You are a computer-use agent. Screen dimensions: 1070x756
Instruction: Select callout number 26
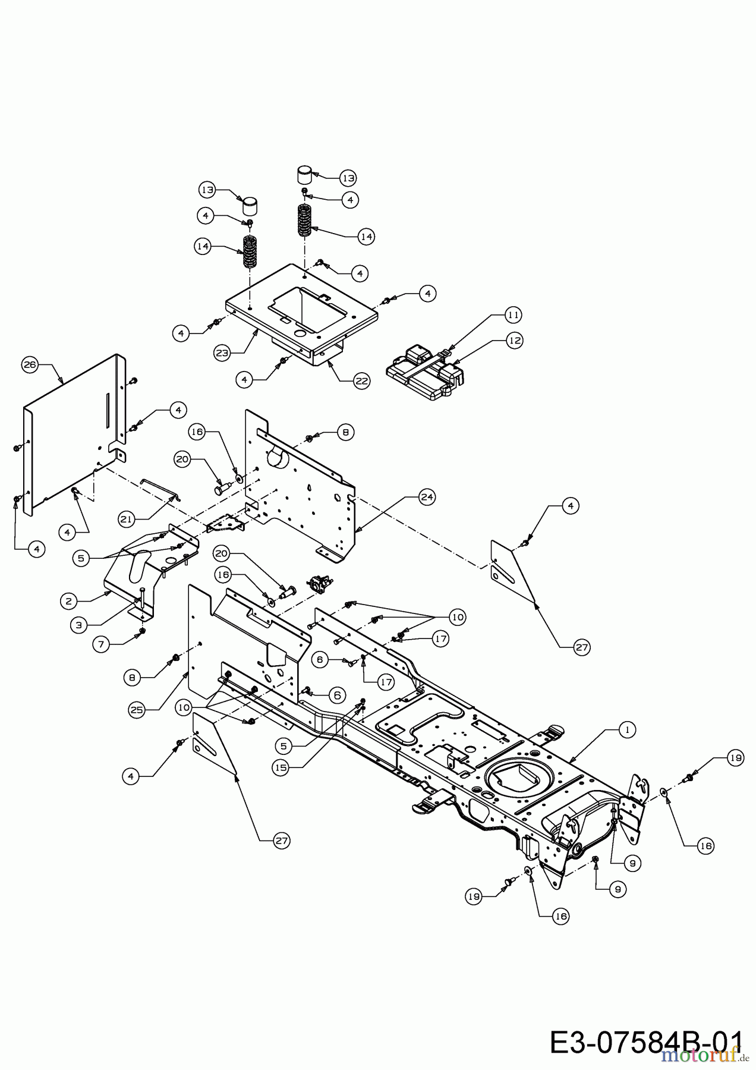click(x=30, y=365)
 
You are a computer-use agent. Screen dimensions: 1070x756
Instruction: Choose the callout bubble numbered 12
click(x=514, y=340)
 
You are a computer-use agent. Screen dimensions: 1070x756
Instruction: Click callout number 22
click(x=361, y=380)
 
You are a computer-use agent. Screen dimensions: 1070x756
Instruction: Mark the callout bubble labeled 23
click(x=222, y=352)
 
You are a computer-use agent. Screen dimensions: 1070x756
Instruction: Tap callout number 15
click(x=281, y=767)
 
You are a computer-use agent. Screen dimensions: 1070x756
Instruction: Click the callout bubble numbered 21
click(x=126, y=519)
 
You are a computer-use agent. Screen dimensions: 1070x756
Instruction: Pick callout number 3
click(x=78, y=624)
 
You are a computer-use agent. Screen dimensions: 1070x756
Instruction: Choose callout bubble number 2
click(x=68, y=601)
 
